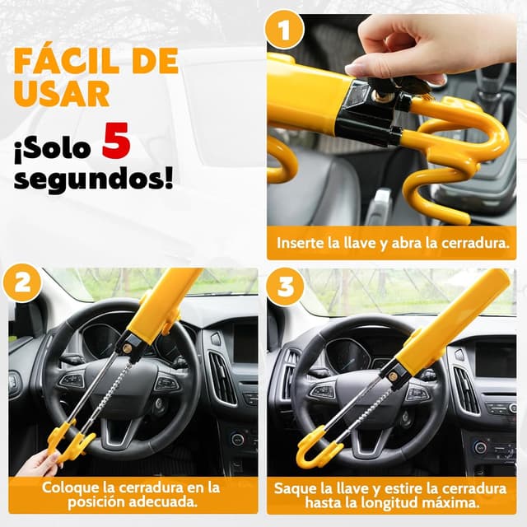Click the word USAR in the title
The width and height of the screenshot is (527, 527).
[62, 93]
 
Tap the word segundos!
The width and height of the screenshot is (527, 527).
[93, 178]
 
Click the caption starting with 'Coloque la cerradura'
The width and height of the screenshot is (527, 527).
[133, 494]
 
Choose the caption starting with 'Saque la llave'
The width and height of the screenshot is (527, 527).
[391, 494]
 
